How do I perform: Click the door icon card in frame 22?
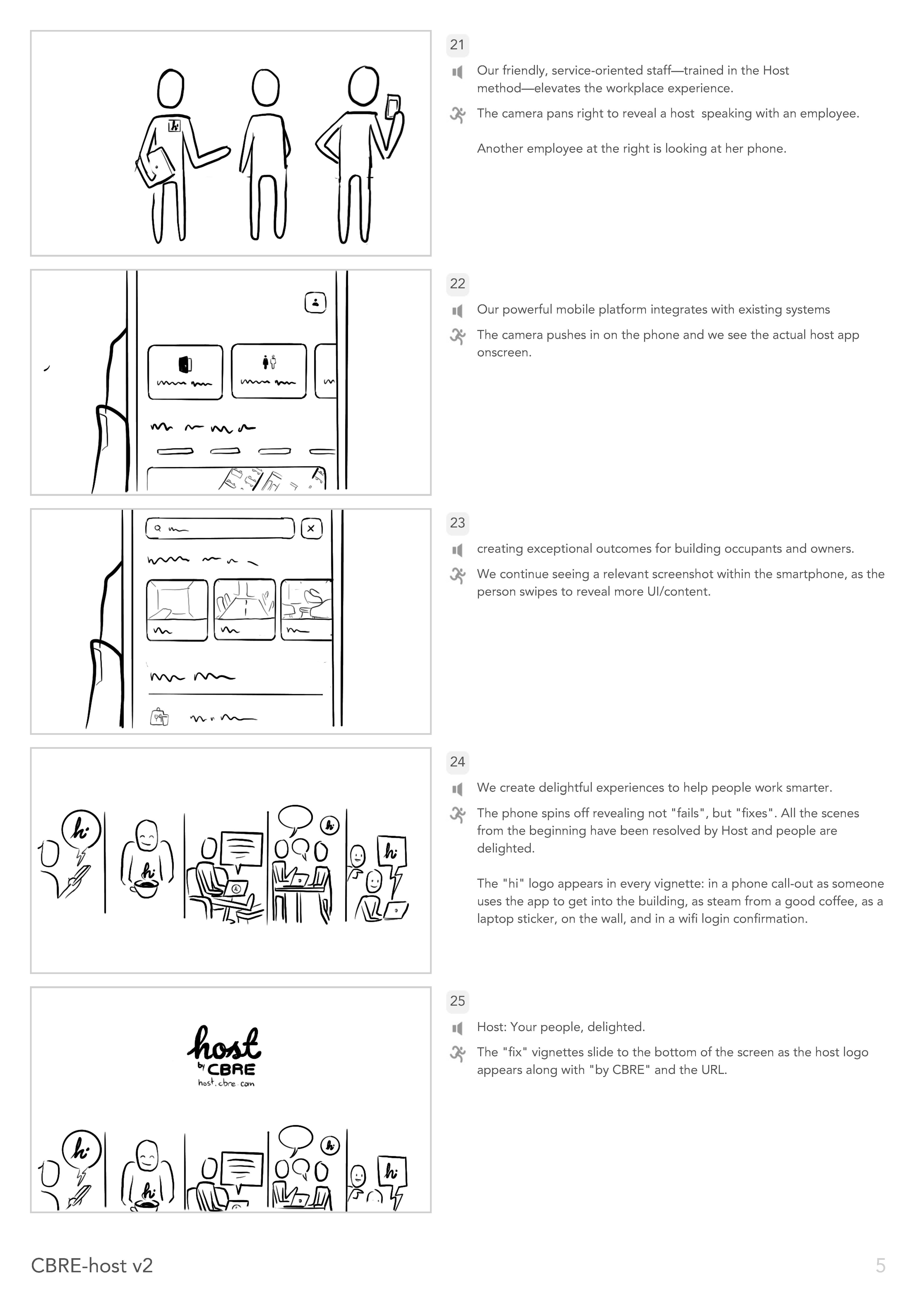185,372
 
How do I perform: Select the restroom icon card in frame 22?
269,371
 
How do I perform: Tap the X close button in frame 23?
311,529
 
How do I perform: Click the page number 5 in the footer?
880,1266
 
